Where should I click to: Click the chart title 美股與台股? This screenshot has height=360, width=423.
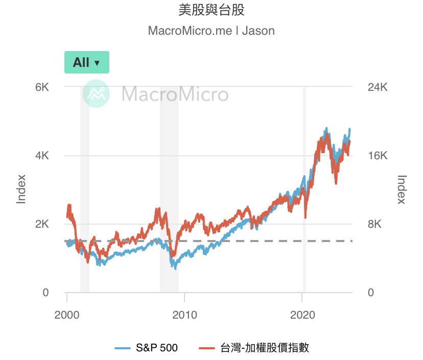[x=211, y=10]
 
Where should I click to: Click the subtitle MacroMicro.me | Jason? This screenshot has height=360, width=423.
[x=211, y=31]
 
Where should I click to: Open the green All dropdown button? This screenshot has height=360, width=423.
[x=86, y=62]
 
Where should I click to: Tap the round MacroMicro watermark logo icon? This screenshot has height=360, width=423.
[x=97, y=94]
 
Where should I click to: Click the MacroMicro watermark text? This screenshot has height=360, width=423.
[x=175, y=94]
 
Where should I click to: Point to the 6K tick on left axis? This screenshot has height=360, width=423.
[x=41, y=87]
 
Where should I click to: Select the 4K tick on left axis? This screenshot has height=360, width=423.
[x=41, y=156]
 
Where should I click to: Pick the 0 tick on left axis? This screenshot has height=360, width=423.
[x=45, y=293]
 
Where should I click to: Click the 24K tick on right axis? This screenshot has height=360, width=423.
[x=378, y=87]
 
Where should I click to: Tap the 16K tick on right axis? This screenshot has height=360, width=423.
[x=378, y=156]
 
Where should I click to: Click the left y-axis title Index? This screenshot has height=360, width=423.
[x=21, y=189]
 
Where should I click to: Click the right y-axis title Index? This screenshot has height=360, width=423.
[x=402, y=189]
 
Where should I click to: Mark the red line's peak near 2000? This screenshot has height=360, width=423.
[x=69, y=205]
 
